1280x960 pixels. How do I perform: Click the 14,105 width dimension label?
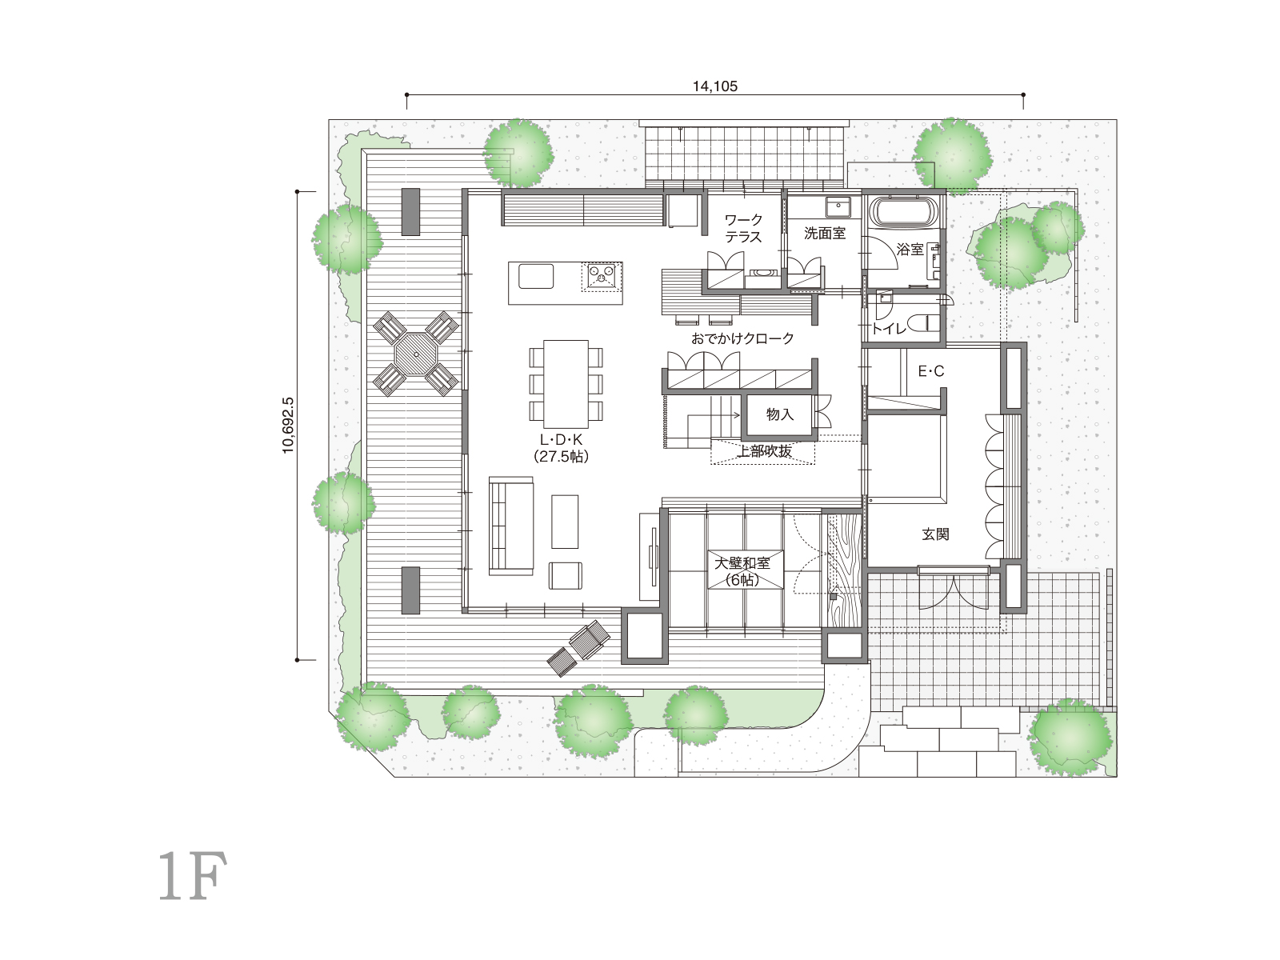715,86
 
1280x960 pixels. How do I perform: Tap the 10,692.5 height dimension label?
288,426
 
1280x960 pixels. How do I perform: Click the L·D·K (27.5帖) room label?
561,448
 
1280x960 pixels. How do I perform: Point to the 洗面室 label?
825,234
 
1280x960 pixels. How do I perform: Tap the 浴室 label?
910,250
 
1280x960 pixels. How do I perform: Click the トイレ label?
889,330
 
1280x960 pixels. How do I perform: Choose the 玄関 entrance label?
935,534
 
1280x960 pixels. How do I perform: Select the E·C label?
930,371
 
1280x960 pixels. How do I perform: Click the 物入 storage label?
780,414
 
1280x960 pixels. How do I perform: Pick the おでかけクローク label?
742,338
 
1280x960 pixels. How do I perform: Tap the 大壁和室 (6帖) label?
742,571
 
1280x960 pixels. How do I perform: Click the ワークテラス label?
743,229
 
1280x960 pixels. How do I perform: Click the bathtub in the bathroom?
904,211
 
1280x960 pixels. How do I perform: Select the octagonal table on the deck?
416,354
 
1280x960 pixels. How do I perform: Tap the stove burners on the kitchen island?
602,276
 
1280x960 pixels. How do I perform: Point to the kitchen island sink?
536,276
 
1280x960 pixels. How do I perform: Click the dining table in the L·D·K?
566,384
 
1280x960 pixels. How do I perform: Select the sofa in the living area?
511,526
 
